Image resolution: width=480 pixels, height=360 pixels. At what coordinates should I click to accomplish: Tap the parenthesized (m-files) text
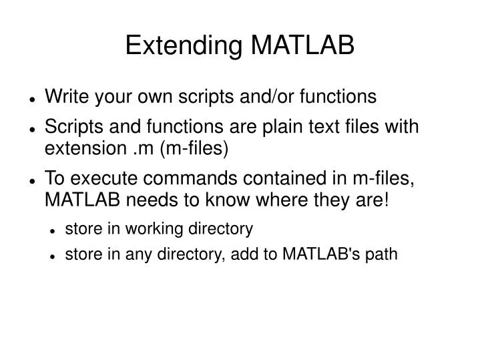[193, 147]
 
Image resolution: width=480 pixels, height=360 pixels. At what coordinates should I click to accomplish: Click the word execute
[99, 180]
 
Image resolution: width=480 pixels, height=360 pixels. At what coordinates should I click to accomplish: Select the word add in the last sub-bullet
[263, 254]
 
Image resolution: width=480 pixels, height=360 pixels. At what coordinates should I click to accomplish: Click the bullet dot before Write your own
[32, 98]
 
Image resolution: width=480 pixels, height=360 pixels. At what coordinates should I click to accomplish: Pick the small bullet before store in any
[53, 255]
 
